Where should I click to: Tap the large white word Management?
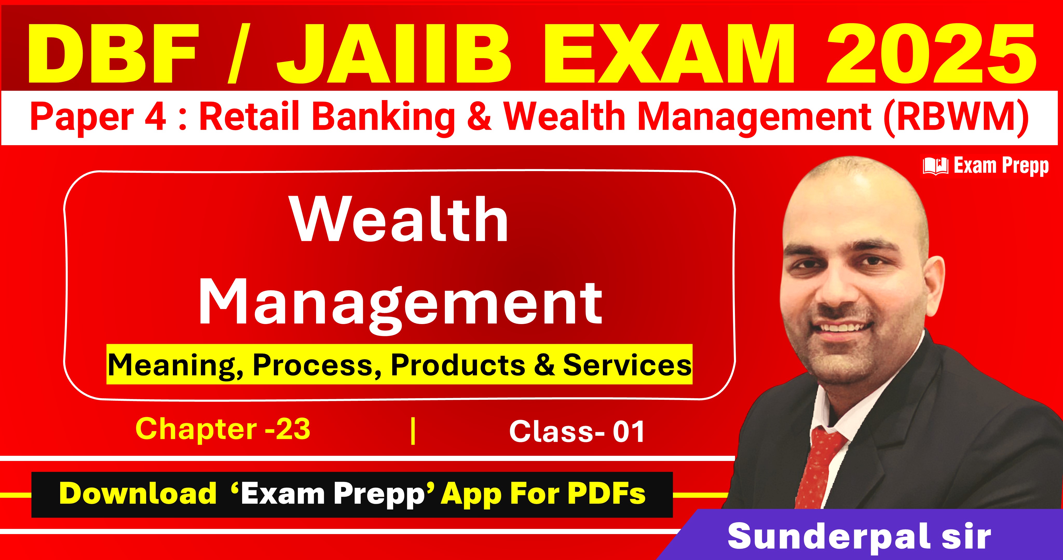(x=400, y=303)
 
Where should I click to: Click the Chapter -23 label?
(x=223, y=429)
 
